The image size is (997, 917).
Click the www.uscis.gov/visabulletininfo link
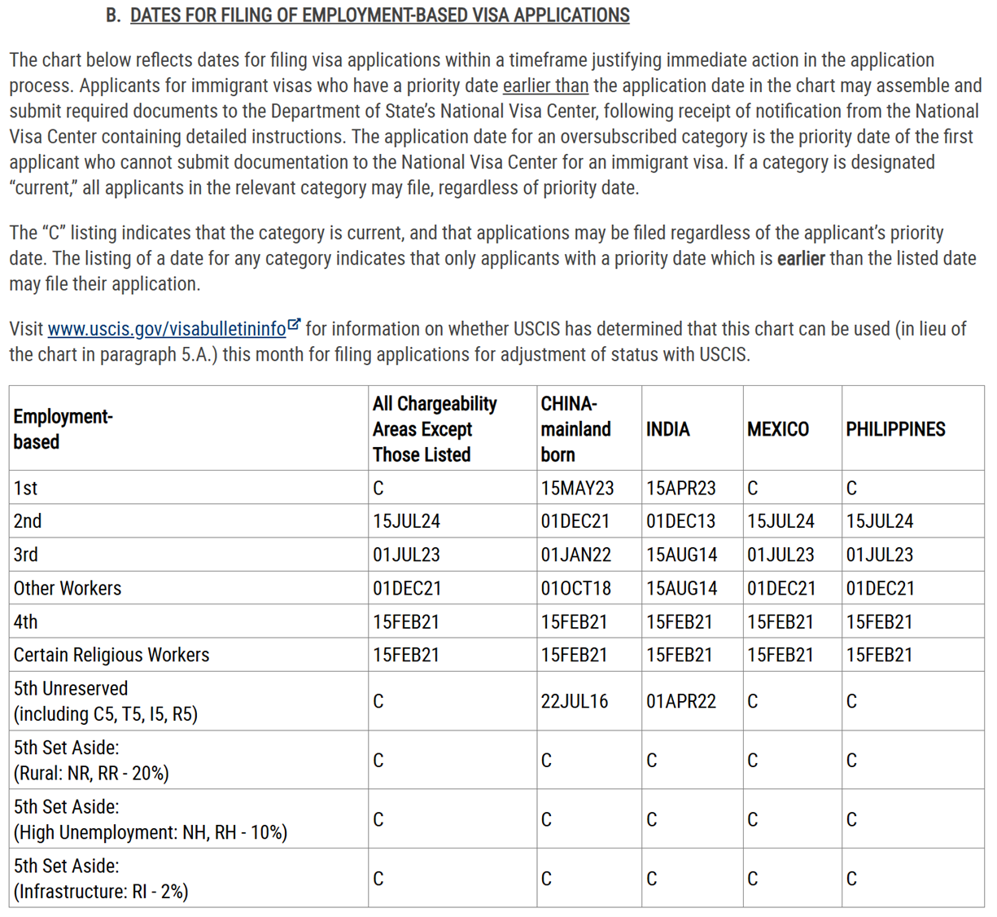tap(166, 329)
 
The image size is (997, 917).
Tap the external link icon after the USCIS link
tap(295, 326)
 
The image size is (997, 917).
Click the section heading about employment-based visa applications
tap(379, 15)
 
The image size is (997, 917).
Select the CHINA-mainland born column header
tap(575, 428)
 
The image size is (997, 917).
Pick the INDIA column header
tap(667, 429)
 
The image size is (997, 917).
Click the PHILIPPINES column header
tap(895, 429)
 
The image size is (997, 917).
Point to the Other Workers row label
tap(68, 588)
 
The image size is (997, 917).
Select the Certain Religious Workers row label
tap(112, 655)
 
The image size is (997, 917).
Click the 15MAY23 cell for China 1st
tap(577, 488)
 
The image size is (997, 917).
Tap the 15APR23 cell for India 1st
tap(680, 488)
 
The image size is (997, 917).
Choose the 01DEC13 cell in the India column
tap(680, 521)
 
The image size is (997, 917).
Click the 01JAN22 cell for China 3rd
tap(575, 555)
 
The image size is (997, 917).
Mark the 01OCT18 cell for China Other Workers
tap(575, 588)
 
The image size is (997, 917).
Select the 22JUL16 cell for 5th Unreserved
tap(574, 701)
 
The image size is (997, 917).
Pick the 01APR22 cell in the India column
tap(680, 701)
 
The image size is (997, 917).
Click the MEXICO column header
tap(777, 429)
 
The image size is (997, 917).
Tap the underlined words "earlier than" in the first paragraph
tap(545, 86)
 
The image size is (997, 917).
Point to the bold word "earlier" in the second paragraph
tap(801, 259)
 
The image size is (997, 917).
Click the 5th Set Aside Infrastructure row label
tap(101, 879)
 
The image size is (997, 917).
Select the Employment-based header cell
tap(63, 429)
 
